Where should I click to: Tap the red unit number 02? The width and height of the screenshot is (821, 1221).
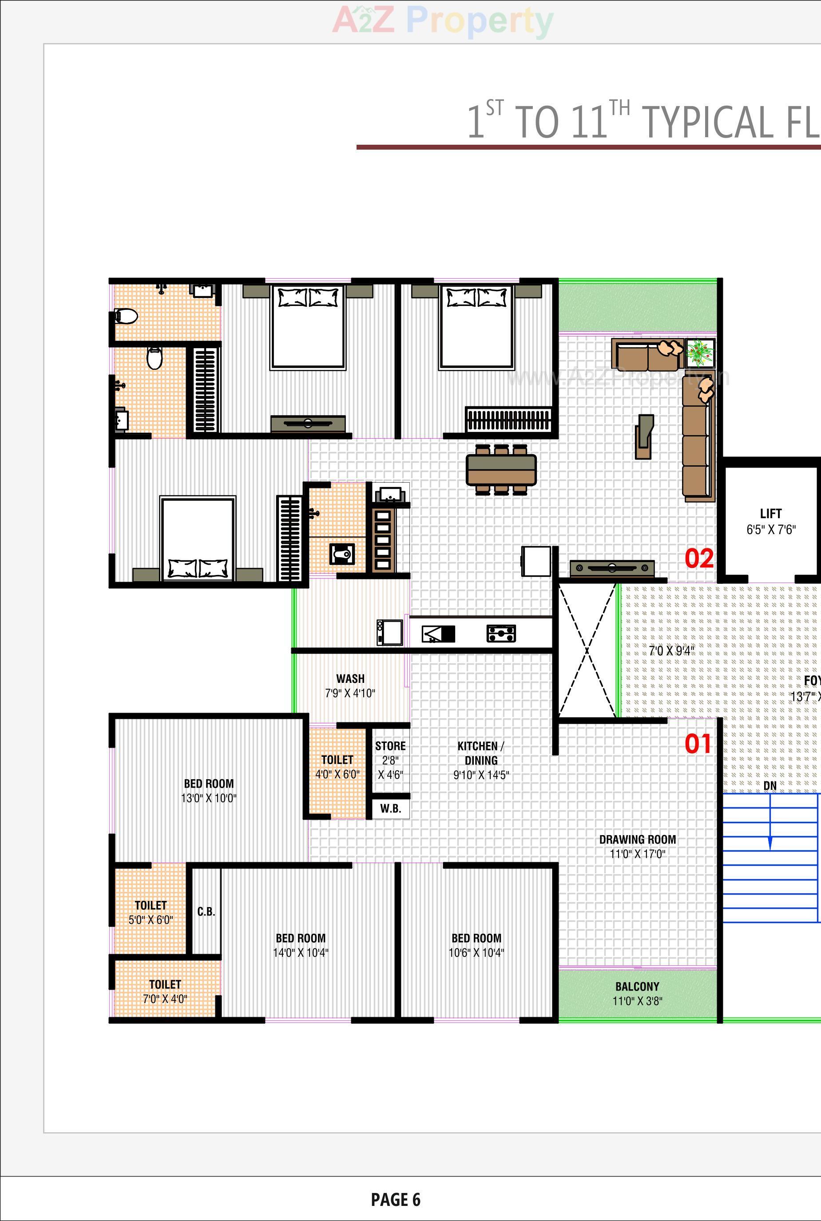(699, 559)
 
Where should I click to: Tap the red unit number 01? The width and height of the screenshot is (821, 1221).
(698, 744)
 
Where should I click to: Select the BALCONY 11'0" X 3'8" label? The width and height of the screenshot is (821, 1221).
(637, 993)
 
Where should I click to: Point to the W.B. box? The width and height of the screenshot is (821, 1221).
(391, 809)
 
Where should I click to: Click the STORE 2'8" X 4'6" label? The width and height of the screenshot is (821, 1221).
(390, 760)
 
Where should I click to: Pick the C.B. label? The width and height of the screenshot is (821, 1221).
(206, 912)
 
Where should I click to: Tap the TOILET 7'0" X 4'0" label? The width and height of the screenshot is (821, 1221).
(165, 991)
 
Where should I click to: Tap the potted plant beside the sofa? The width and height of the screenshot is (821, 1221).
(700, 353)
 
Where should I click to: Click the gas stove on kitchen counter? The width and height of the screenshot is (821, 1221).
(501, 634)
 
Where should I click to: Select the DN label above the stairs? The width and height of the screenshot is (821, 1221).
(769, 786)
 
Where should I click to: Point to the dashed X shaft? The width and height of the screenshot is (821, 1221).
(587, 651)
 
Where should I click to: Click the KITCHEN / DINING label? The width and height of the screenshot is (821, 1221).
(481, 760)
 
